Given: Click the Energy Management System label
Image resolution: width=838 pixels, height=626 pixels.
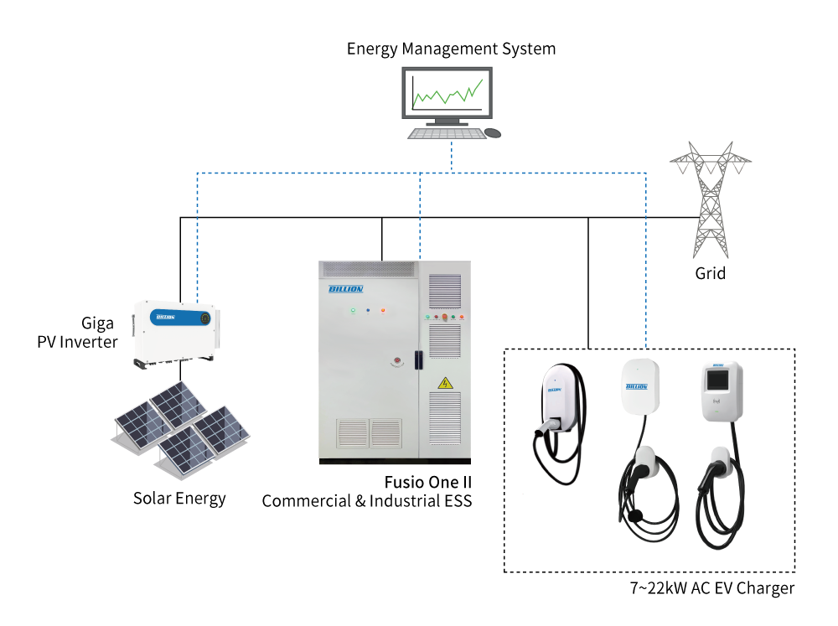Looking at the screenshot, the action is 451,49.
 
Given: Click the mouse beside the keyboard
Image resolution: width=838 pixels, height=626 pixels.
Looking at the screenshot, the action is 493,132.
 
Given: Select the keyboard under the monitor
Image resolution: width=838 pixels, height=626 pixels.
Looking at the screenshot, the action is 447,133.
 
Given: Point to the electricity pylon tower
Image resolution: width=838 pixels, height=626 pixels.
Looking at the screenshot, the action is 711,200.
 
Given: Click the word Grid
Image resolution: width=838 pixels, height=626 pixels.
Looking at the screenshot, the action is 711,274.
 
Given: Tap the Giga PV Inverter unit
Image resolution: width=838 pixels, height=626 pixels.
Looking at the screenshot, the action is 176,334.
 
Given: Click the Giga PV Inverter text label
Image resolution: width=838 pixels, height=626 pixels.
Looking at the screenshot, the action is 77,333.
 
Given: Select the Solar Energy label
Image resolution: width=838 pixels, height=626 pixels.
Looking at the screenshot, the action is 179,499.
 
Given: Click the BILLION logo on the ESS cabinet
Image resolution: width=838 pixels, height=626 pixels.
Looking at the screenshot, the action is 346,289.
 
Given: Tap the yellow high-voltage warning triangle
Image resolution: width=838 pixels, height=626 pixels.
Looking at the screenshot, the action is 445,383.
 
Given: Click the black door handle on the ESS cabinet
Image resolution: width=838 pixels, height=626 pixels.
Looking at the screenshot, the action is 418,360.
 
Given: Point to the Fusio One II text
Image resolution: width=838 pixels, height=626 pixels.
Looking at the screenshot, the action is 428,482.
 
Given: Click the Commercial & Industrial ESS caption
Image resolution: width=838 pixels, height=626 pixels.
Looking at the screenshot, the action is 367,501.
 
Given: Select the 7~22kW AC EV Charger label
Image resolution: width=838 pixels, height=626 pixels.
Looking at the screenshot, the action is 711,588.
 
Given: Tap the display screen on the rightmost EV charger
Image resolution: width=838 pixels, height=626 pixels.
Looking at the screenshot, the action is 718,380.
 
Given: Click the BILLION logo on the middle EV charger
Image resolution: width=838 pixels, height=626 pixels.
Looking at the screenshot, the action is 637,386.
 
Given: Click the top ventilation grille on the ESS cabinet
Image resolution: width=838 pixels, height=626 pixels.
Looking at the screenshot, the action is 369,270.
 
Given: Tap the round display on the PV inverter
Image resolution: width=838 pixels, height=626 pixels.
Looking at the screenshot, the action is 204,318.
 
